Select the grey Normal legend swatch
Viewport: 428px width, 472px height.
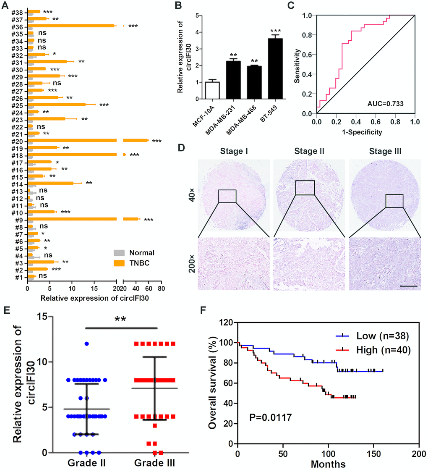(120, 253)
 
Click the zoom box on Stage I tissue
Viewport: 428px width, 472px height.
(227, 196)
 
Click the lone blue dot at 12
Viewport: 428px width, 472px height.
(86, 344)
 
